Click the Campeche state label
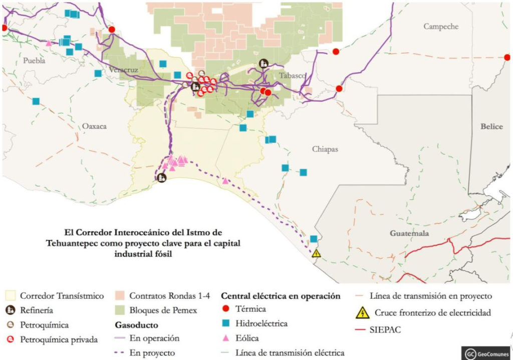click(x=441, y=27)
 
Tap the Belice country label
click(x=491, y=126)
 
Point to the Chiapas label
click(x=325, y=149)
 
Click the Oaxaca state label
click(x=95, y=126)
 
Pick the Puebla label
click(x=34, y=60)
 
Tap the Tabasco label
click(x=292, y=75)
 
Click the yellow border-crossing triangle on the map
click(x=316, y=254)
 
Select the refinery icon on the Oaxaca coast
click(x=161, y=177)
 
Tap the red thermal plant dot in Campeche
click(x=336, y=51)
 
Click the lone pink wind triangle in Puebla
click(x=49, y=43)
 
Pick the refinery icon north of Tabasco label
click(x=263, y=63)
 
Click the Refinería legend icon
click(x=11, y=310)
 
